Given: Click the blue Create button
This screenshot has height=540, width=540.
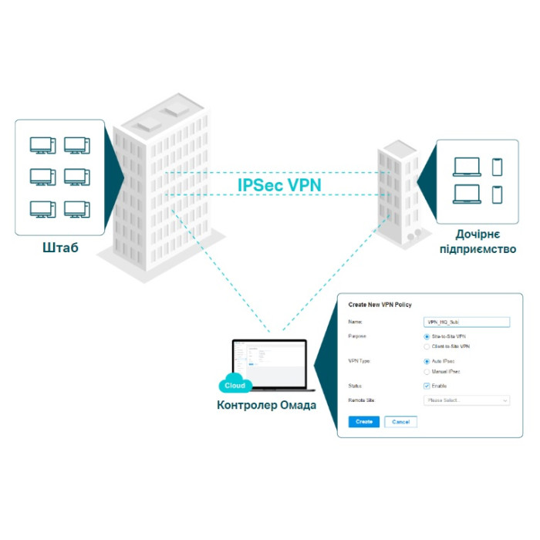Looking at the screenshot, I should (x=364, y=422).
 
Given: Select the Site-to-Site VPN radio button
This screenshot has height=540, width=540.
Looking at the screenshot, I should (x=427, y=337).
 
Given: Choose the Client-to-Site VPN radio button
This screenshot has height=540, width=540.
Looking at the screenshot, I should (x=427, y=346).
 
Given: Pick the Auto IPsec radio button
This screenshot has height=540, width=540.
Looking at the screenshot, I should (x=427, y=361).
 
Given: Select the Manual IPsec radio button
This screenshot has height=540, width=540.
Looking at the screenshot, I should (x=427, y=371).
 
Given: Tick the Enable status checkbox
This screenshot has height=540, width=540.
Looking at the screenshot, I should (x=427, y=386).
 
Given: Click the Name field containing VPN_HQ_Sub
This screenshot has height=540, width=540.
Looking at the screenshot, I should (x=467, y=322).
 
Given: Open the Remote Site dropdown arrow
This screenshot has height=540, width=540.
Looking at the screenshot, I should (x=505, y=401).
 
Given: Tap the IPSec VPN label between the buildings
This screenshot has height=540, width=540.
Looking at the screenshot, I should (x=279, y=185).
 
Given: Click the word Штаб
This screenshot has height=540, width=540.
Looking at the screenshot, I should (x=60, y=248).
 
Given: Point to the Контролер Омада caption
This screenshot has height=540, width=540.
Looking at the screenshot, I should (x=267, y=405).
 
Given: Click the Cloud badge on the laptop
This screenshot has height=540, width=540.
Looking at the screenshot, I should (x=234, y=386).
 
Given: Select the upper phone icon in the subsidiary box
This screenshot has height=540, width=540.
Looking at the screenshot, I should (x=497, y=167).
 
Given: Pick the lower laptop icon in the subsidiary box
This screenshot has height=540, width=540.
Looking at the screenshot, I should (x=467, y=194).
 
